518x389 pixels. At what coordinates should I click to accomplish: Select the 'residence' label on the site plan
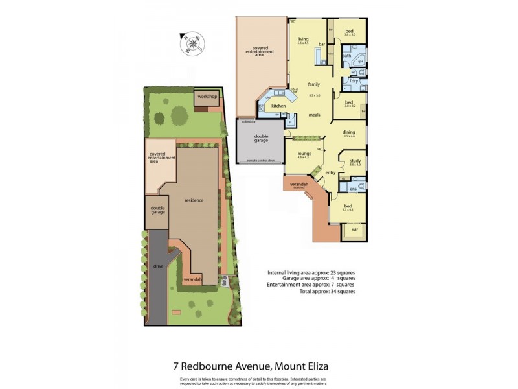coord(195,200)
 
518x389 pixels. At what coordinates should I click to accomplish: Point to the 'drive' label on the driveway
coord(158,266)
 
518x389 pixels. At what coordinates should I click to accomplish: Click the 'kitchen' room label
coord(278,106)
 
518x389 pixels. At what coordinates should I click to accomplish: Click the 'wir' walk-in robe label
coord(355,230)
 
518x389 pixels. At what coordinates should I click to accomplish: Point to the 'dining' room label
coord(350,132)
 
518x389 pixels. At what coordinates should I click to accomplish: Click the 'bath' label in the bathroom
coord(347,56)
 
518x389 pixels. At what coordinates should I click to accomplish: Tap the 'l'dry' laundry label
coord(354,80)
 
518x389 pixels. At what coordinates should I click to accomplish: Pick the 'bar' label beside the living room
coord(321,44)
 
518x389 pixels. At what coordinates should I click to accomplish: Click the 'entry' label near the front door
coord(331,172)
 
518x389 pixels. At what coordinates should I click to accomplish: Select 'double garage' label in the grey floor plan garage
coord(260,139)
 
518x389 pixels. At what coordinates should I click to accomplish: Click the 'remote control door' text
coord(260,160)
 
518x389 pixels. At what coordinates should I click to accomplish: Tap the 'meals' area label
coord(315,115)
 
